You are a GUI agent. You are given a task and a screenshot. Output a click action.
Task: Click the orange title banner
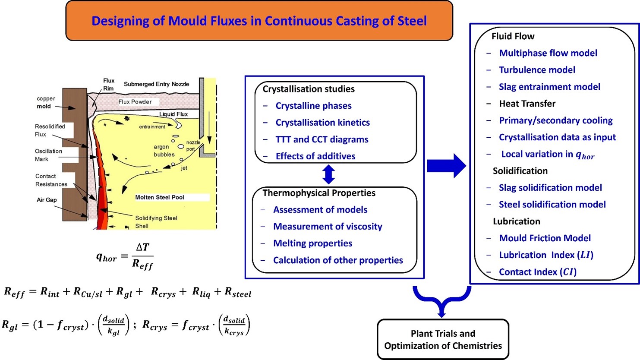[259, 21]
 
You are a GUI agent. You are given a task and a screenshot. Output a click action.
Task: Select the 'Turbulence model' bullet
[537, 70]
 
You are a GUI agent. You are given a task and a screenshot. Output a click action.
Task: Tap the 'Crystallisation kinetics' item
[322, 123]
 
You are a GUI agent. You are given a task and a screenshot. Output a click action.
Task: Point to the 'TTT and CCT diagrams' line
[322, 139]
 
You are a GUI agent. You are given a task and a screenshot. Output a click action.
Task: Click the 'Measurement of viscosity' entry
[328, 227]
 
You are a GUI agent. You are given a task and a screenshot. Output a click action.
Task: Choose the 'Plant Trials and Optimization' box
[443, 339]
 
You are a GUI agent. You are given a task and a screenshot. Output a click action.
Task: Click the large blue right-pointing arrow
[447, 166]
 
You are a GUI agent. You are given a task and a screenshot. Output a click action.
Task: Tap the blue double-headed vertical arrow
[328, 174]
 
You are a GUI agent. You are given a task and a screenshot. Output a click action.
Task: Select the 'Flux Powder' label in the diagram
[135, 102]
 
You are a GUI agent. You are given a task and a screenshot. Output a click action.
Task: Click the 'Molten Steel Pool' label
[159, 197]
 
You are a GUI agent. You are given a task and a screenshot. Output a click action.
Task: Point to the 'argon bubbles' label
[164, 151]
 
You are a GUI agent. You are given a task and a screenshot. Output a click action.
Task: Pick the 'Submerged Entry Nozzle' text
[156, 84]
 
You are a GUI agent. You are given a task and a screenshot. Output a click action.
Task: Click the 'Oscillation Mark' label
[48, 155]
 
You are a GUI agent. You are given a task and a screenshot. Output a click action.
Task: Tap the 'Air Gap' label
[47, 200]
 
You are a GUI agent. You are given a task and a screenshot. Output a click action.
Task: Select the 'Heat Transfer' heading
[527, 104]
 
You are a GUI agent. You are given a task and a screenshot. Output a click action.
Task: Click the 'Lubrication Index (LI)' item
[546, 255]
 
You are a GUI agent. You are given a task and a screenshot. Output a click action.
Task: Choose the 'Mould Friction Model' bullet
[545, 238]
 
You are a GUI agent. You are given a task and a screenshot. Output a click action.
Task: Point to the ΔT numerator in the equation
[142, 247]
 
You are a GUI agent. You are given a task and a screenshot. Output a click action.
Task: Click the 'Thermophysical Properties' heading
[319, 193]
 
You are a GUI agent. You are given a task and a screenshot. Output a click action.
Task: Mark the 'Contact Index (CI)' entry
[538, 272]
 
